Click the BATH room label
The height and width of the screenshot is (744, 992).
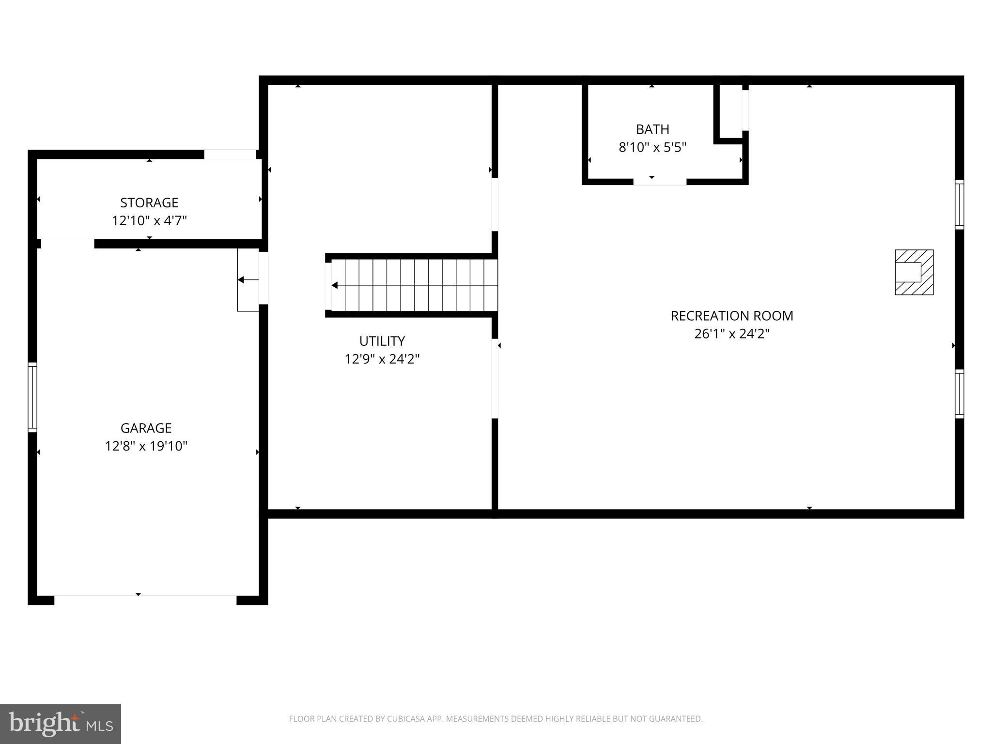point(652,129)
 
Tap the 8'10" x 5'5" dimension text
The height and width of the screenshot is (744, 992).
point(652,147)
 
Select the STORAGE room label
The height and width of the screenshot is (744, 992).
point(149,202)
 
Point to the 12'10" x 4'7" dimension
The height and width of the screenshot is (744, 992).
point(149,221)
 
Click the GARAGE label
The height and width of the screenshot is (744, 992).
point(146,428)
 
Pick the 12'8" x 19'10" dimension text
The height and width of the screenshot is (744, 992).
point(146,446)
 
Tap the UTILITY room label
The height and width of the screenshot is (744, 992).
point(382,341)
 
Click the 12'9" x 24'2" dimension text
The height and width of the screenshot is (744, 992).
point(382,359)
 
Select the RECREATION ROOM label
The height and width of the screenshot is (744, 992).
point(731,316)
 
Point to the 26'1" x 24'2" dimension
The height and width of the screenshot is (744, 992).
point(731,334)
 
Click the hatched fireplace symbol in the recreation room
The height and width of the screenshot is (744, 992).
point(914,272)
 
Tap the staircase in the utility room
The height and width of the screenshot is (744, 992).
point(414,285)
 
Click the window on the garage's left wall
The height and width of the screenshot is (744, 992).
point(32,397)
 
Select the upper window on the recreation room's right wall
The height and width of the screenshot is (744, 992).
point(959,204)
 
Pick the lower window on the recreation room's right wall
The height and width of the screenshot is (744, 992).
point(959,393)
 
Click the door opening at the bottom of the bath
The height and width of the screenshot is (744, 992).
point(659,182)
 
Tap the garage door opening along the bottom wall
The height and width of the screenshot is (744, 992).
point(145,600)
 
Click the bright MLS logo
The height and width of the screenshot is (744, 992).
point(60,724)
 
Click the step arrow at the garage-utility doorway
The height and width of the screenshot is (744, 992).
point(248,280)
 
